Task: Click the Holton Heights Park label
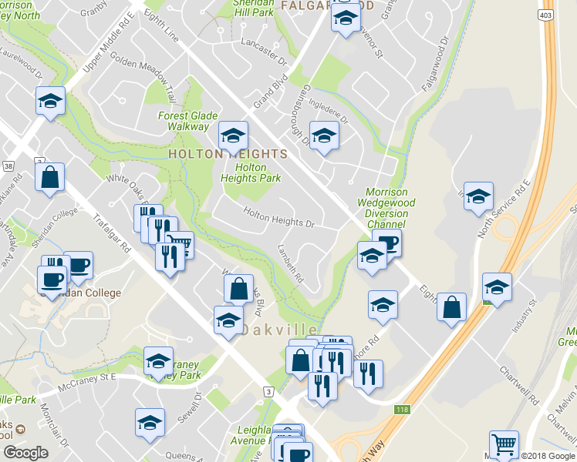(250, 172)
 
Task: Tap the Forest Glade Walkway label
(184, 121)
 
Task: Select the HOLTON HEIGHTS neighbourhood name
(228, 154)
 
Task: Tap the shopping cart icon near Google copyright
(504, 444)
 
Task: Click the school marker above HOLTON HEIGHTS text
(233, 136)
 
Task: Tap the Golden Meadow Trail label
(143, 68)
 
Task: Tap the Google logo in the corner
(25, 453)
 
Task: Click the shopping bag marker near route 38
(50, 178)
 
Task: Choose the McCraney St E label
(91, 377)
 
